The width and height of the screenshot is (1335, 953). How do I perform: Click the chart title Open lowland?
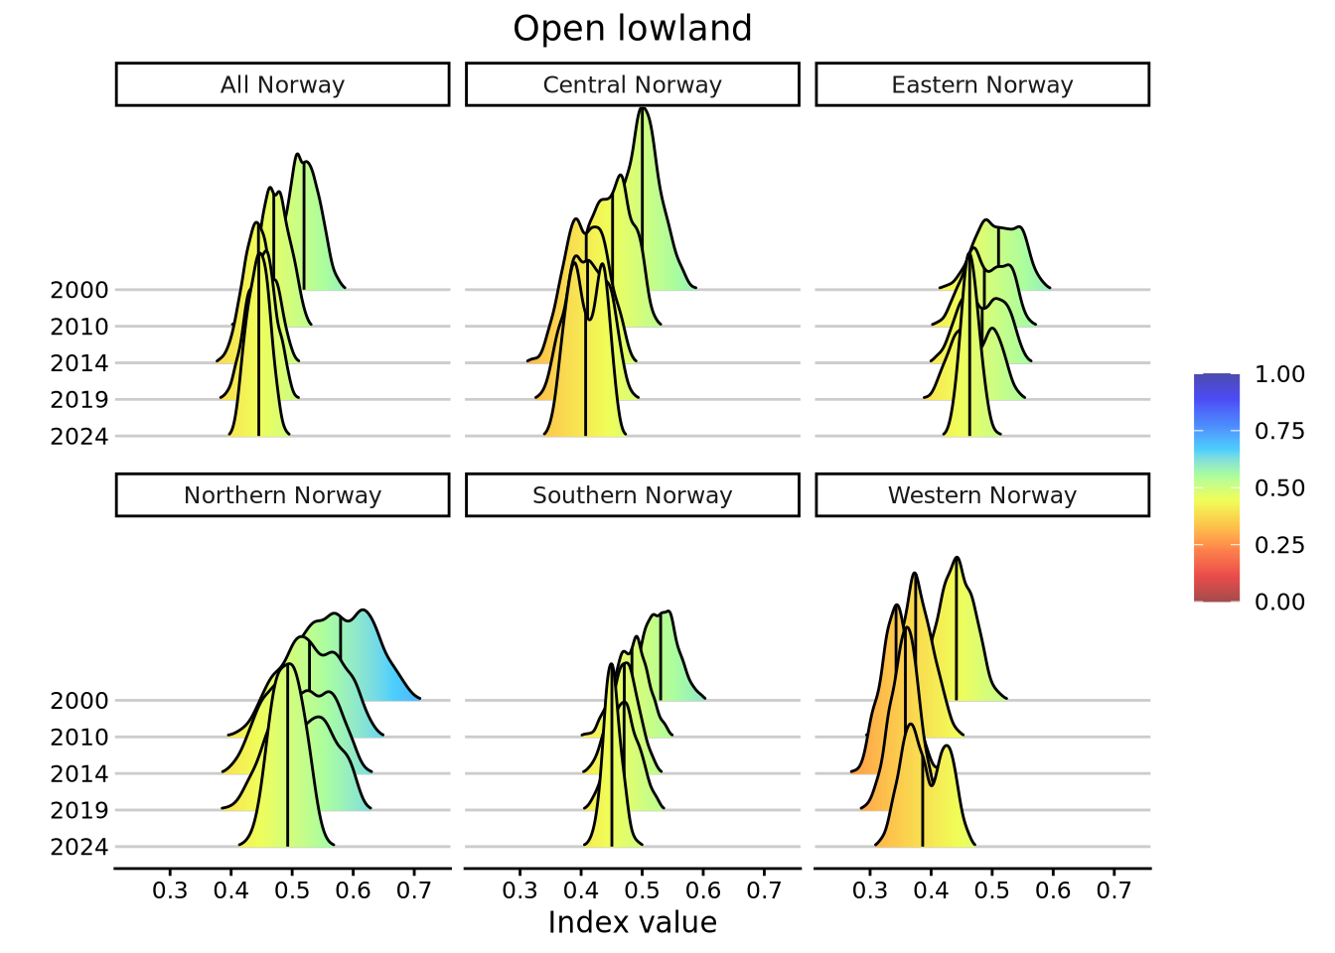(632, 29)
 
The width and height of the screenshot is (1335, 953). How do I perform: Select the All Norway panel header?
(282, 84)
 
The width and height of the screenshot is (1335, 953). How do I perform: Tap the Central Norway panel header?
(632, 84)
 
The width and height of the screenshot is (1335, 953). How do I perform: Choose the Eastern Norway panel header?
(981, 84)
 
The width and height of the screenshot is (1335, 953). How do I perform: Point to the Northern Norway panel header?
(282, 495)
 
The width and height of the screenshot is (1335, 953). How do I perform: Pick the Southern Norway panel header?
(632, 495)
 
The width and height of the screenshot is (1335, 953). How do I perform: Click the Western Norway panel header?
(981, 495)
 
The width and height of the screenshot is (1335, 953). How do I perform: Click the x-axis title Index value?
(632, 923)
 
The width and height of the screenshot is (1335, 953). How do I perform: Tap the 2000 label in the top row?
(79, 290)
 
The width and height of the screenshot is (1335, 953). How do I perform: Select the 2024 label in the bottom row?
(79, 847)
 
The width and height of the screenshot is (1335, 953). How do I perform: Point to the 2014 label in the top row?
(79, 363)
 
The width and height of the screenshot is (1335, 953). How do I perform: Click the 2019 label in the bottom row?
(79, 810)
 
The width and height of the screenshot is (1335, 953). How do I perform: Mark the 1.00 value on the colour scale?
(1279, 374)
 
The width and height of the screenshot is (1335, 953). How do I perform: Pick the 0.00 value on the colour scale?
(1279, 602)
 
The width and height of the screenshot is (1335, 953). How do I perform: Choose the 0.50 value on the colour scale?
(1279, 488)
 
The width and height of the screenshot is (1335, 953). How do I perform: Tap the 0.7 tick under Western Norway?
(1113, 890)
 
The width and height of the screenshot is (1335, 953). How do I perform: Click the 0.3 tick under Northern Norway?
(170, 890)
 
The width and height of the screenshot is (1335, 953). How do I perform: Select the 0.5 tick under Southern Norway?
(642, 890)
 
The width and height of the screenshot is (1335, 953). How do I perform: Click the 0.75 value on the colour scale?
(1279, 431)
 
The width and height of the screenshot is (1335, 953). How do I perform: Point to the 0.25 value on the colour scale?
(1279, 545)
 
